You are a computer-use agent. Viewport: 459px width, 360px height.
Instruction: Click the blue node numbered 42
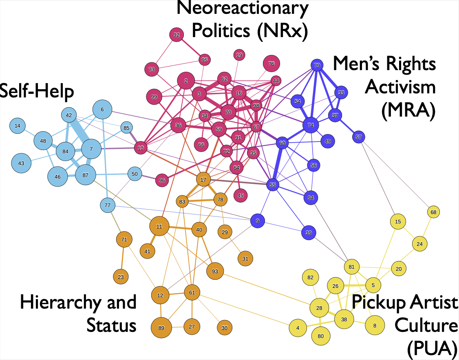pos(69,115)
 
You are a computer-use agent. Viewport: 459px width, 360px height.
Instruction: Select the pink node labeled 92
pos(177,35)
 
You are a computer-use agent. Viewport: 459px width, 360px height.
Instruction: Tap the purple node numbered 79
pos(317,65)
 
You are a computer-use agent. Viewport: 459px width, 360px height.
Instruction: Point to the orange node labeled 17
pos(203,179)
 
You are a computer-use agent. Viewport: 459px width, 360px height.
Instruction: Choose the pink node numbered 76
pos(271,64)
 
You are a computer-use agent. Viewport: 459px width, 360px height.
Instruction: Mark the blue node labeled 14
pos(17,126)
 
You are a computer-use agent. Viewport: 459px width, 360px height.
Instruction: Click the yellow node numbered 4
pos(298,327)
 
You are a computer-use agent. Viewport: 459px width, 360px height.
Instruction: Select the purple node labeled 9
pos(257,221)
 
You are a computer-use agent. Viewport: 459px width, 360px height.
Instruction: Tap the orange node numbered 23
pos(121,277)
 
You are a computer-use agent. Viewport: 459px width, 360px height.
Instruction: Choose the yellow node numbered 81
pos(351,267)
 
